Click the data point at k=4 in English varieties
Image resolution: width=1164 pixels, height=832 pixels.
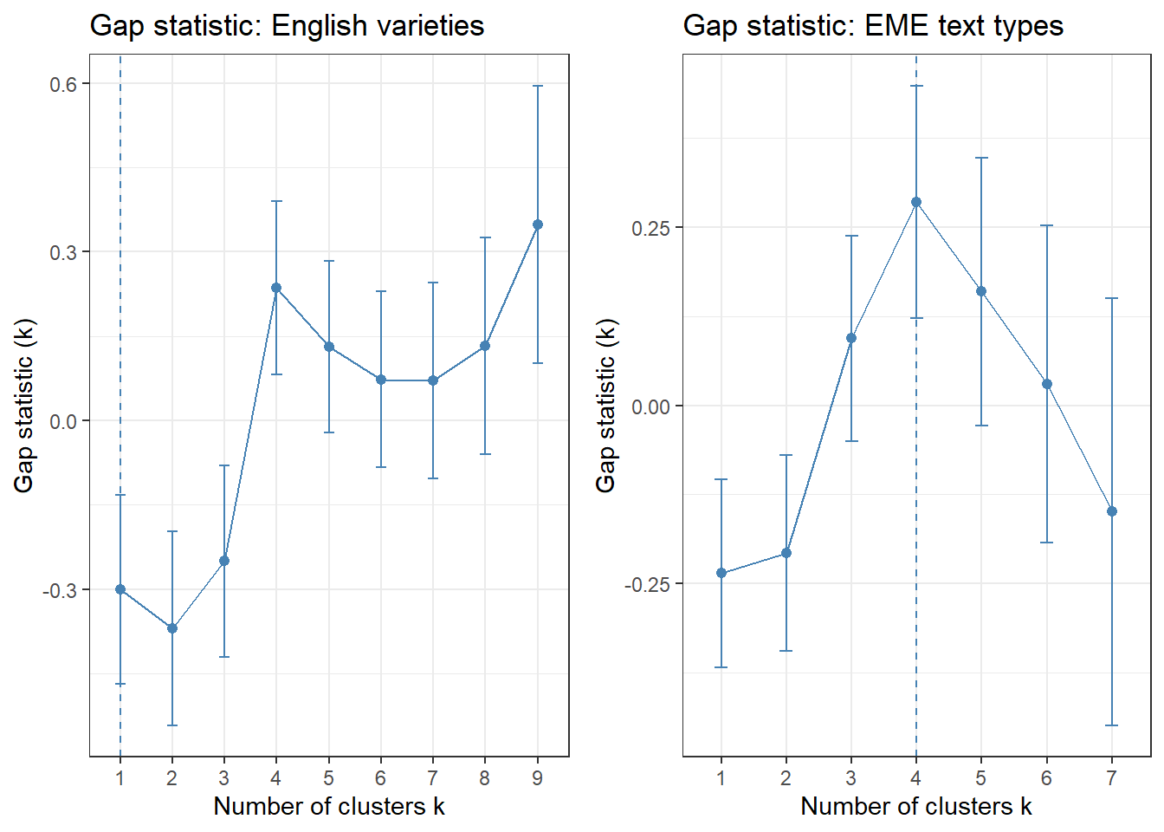pyautogui.click(x=276, y=288)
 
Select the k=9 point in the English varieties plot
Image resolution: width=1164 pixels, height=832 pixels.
pyautogui.click(x=537, y=224)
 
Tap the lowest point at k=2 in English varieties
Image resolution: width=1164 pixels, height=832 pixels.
pyautogui.click(x=172, y=628)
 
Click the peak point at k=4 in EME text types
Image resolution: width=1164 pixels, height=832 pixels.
pyautogui.click(x=916, y=202)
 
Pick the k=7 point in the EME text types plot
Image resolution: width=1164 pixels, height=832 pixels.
pyautogui.click(x=1112, y=511)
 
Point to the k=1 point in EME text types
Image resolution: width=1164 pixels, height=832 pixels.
pyautogui.click(x=721, y=573)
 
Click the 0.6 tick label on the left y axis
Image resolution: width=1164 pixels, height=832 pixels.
pyautogui.click(x=62, y=84)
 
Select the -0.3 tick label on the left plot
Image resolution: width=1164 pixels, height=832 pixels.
pyautogui.click(x=60, y=590)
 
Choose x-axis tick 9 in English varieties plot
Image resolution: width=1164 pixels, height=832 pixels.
pyautogui.click(x=537, y=778)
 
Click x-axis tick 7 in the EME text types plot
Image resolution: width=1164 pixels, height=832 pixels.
pyautogui.click(x=1112, y=778)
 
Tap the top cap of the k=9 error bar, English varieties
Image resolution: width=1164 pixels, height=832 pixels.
pyautogui.click(x=537, y=86)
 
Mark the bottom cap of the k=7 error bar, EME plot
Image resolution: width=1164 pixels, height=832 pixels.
pyautogui.click(x=1112, y=725)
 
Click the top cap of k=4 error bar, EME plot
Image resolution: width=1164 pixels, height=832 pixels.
pyautogui.click(x=916, y=86)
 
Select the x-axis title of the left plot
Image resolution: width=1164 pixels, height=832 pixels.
pyautogui.click(x=329, y=806)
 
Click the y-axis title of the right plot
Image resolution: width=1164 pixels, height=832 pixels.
pyautogui.click(x=606, y=406)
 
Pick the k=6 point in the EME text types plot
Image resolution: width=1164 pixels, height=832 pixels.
pyautogui.click(x=1047, y=384)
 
